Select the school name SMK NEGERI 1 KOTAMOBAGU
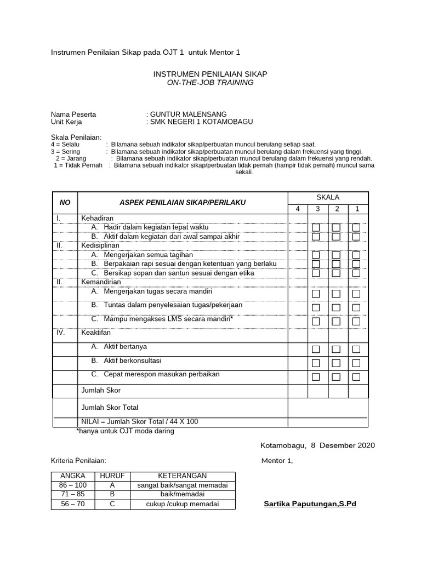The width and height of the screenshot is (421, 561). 202,122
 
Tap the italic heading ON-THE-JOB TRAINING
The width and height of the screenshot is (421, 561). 210,82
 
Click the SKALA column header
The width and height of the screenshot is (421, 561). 328,197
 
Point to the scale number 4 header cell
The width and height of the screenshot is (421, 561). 298,208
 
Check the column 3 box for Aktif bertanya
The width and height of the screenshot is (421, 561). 316,349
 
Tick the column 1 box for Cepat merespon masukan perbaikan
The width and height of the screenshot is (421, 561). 356,376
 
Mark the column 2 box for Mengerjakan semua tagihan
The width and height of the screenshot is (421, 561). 336,255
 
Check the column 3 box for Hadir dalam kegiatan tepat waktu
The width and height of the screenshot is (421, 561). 316,227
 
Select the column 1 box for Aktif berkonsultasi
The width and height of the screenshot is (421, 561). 356,363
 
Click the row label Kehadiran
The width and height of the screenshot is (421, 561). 97,218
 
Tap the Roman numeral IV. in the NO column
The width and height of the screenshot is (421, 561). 60,332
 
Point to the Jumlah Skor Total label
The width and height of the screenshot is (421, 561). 110,407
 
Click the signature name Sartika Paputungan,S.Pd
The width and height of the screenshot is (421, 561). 310,503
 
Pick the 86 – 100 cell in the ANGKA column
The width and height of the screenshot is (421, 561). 72,485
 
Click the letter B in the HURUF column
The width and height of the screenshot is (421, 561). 112,494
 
